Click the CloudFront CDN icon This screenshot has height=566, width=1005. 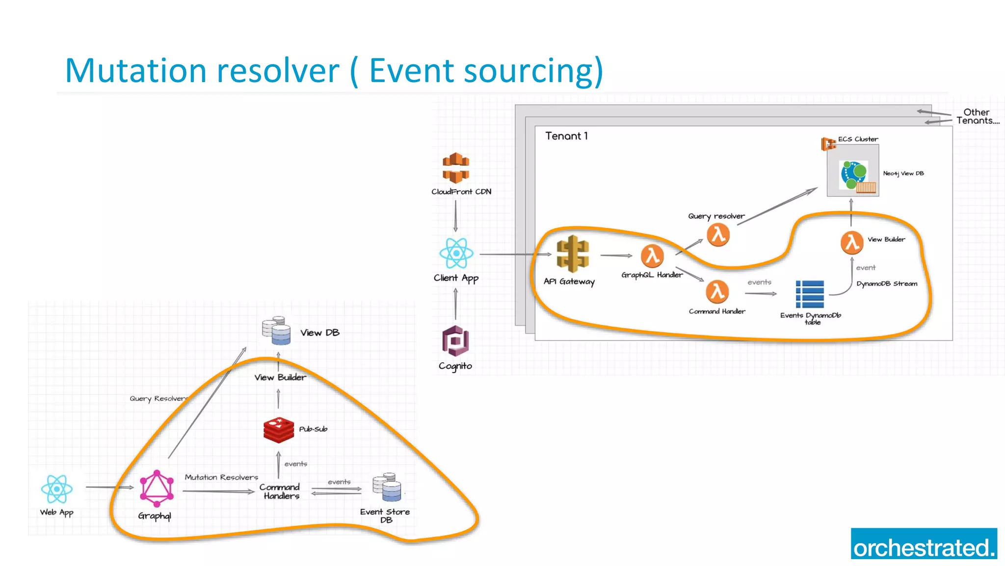pos(456,168)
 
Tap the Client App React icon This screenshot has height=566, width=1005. pos(456,254)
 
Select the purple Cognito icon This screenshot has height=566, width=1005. pos(455,340)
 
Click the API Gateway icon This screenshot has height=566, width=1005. pos(572,254)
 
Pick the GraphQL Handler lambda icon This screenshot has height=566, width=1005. pos(652,256)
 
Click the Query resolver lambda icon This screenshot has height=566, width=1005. pos(718,235)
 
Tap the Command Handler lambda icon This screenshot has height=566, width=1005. pos(717,292)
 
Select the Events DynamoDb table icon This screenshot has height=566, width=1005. pos(810,294)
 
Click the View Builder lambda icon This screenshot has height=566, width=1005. pos(852,242)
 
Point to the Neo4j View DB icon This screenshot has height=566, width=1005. pos(854,174)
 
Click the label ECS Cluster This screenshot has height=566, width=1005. pos(858,139)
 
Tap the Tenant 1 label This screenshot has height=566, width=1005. pos(566,136)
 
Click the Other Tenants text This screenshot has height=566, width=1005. pos(977,116)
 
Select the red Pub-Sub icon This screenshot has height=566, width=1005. pos(278,430)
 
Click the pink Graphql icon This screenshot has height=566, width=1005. pos(157,488)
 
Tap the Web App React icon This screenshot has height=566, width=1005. pos(57,489)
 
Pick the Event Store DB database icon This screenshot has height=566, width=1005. pos(387,487)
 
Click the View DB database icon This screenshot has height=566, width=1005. pos(276,330)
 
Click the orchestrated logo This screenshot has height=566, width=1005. pos(924,544)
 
